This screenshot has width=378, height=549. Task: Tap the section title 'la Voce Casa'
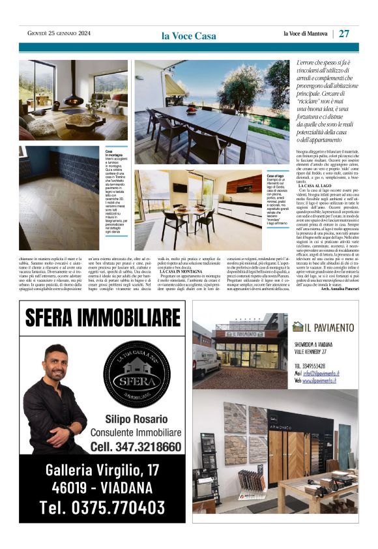coord(188,36)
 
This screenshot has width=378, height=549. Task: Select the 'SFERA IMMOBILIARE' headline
coord(102,318)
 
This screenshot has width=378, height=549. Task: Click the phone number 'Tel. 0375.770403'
coord(102,507)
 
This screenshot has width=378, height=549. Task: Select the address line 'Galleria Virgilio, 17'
coord(102,469)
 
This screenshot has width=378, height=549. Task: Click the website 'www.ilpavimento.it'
coord(325,380)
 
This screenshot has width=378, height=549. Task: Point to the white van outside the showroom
coord(206,361)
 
